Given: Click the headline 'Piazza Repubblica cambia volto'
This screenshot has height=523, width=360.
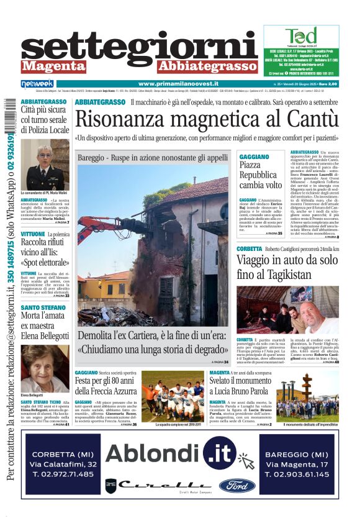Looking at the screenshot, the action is click(x=261, y=175).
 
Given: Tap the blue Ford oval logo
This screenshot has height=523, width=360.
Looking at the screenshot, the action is click(x=236, y=486).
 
